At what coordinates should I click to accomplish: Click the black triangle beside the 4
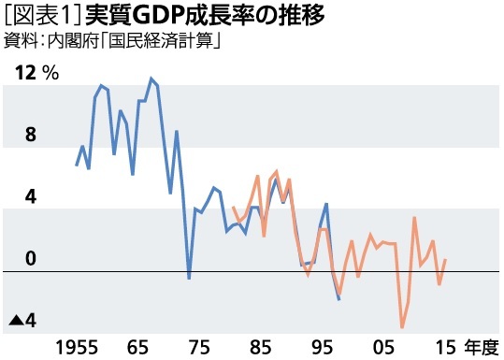pos(15,321)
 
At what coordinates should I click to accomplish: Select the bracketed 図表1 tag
pos(35,17)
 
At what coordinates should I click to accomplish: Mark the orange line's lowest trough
pos(402,327)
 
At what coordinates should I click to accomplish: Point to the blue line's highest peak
pos(151,79)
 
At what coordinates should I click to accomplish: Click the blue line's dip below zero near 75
pos(189,279)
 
